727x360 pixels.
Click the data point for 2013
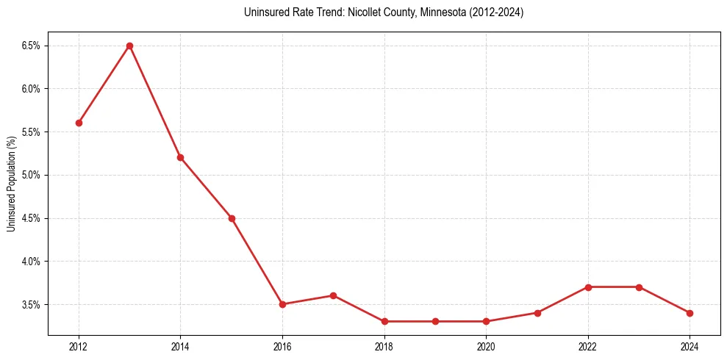coord(129,46)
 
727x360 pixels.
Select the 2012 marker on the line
coord(79,123)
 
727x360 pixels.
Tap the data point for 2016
coord(282,304)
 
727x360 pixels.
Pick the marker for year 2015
coord(232,218)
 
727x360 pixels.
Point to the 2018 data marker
coord(384,321)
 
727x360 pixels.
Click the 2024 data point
coord(690,313)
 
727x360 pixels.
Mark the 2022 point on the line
coord(588,287)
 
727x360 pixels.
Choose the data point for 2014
coord(180,157)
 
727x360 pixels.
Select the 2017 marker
coord(333,295)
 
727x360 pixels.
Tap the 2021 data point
coord(537,313)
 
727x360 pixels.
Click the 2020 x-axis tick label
coord(486,345)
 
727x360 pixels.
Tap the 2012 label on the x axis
coord(79,345)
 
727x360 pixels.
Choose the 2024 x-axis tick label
coord(690,345)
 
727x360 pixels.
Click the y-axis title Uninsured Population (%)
coord(11,184)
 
